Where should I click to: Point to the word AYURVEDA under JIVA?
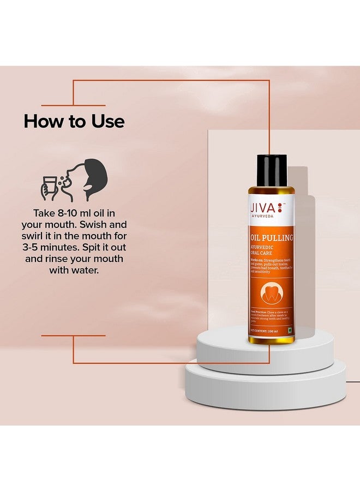[264, 217]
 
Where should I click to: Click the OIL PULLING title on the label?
[273, 237]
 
